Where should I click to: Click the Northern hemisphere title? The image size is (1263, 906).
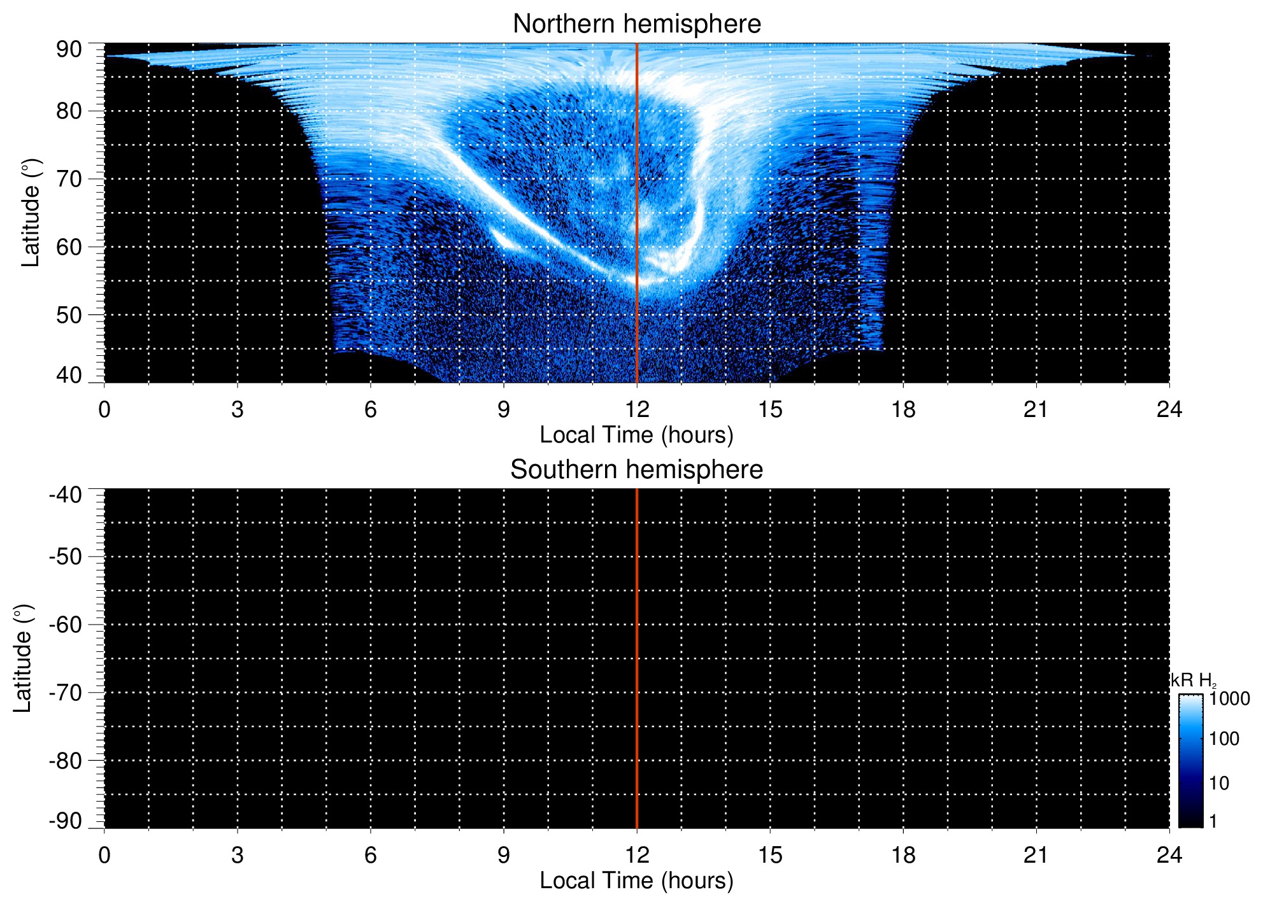tap(636, 24)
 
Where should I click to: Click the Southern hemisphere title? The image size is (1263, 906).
tap(636, 470)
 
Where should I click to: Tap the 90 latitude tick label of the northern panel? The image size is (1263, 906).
tap(69, 50)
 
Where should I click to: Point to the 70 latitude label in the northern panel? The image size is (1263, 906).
tap(69, 180)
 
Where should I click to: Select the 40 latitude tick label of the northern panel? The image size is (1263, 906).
tap(69, 375)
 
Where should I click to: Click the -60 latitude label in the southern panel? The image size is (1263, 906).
tap(66, 625)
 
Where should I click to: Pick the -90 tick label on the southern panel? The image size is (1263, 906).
tap(66, 821)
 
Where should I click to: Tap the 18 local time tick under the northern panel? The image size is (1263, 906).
tap(903, 409)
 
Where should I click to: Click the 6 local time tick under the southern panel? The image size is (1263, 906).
tap(371, 855)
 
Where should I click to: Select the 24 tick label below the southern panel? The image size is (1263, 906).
tap(1169, 855)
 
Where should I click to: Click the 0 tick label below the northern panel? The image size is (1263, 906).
tap(104, 409)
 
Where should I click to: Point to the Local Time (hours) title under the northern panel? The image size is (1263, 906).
tap(636, 435)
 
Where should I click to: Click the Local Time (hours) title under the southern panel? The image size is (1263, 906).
tap(636, 881)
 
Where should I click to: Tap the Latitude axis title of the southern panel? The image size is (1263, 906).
tap(23, 658)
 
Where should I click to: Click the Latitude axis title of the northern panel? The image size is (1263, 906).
tap(31, 213)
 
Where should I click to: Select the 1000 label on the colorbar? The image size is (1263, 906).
tap(1229, 699)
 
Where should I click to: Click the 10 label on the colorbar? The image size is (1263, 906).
tap(1219, 783)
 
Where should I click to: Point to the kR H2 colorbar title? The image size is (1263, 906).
tap(1193, 681)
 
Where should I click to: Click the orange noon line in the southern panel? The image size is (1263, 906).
tap(637, 658)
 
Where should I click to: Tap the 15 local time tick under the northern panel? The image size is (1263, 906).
tap(770, 409)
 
